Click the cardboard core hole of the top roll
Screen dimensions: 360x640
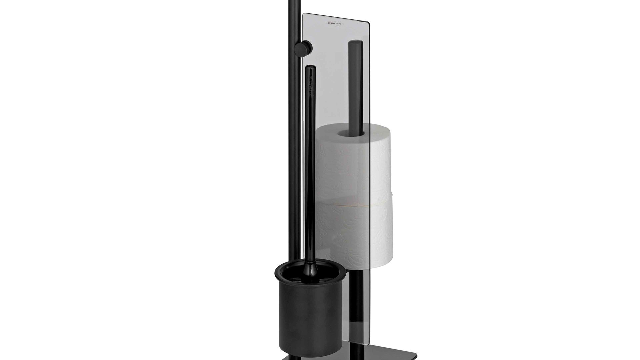[x=349, y=133]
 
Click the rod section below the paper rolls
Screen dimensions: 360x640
[x=355, y=287]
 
